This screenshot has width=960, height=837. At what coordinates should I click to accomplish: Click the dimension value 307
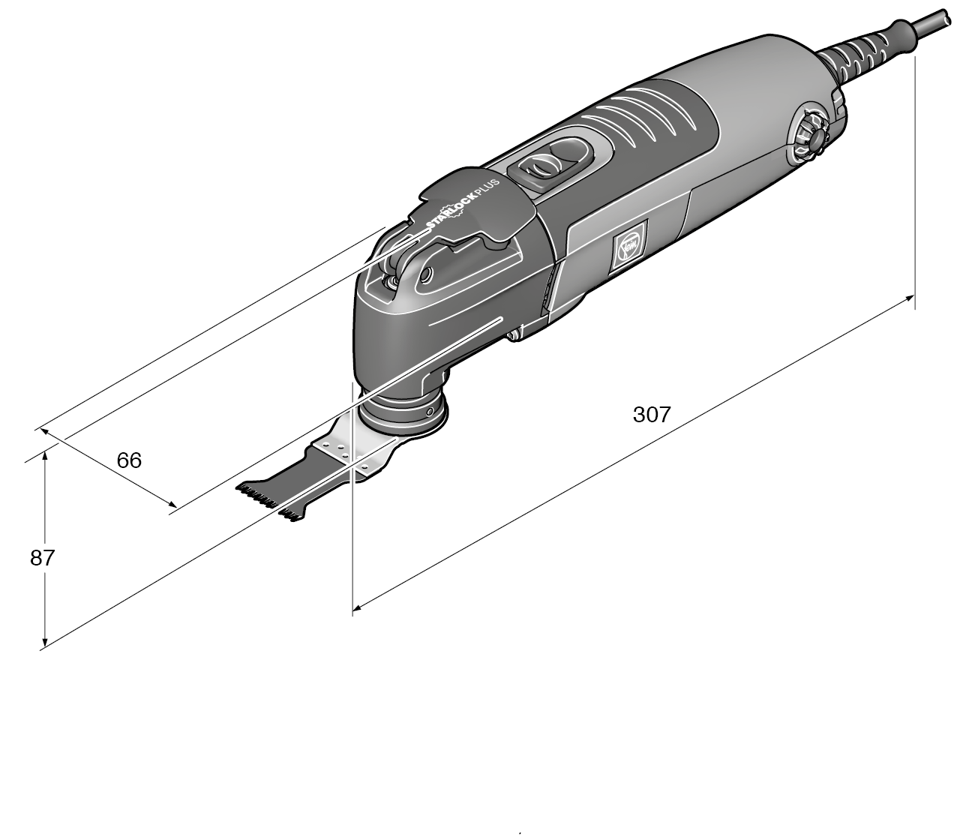(x=651, y=414)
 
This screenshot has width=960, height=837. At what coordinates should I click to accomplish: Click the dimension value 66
(x=129, y=460)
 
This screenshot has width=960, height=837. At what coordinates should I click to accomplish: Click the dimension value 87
(x=43, y=557)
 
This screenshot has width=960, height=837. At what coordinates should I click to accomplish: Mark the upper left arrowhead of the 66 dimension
(x=43, y=431)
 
